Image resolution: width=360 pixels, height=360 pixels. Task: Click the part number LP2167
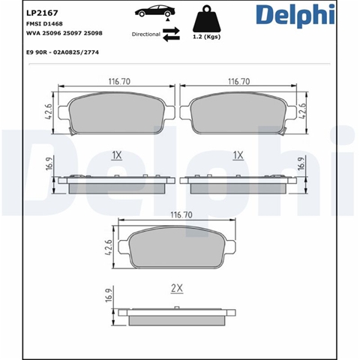[42, 13]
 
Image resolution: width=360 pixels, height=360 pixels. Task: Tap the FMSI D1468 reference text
[44, 24]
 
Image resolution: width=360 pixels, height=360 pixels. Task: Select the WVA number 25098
[93, 33]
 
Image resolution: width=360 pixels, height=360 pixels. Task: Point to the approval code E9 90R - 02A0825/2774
[62, 52]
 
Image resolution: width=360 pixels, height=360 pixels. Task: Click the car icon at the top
[154, 11]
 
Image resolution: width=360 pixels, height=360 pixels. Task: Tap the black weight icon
[207, 19]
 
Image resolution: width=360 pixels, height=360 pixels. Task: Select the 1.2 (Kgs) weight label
[207, 37]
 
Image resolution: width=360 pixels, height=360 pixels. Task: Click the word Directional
[146, 34]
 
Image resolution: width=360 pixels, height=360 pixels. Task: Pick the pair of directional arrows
[171, 34]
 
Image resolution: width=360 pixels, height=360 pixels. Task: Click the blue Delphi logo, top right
[295, 15]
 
